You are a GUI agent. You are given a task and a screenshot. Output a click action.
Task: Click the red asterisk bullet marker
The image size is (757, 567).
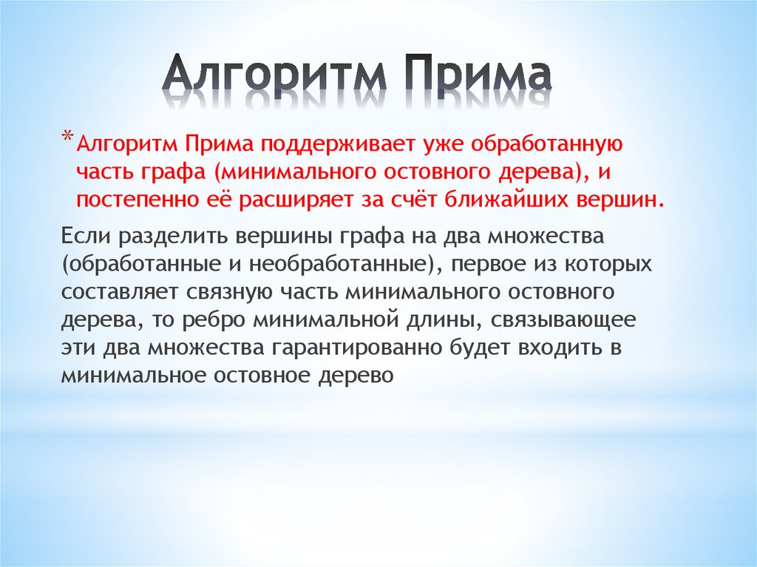click(x=67, y=137)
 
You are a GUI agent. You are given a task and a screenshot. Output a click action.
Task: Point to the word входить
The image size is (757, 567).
click(x=556, y=347)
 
